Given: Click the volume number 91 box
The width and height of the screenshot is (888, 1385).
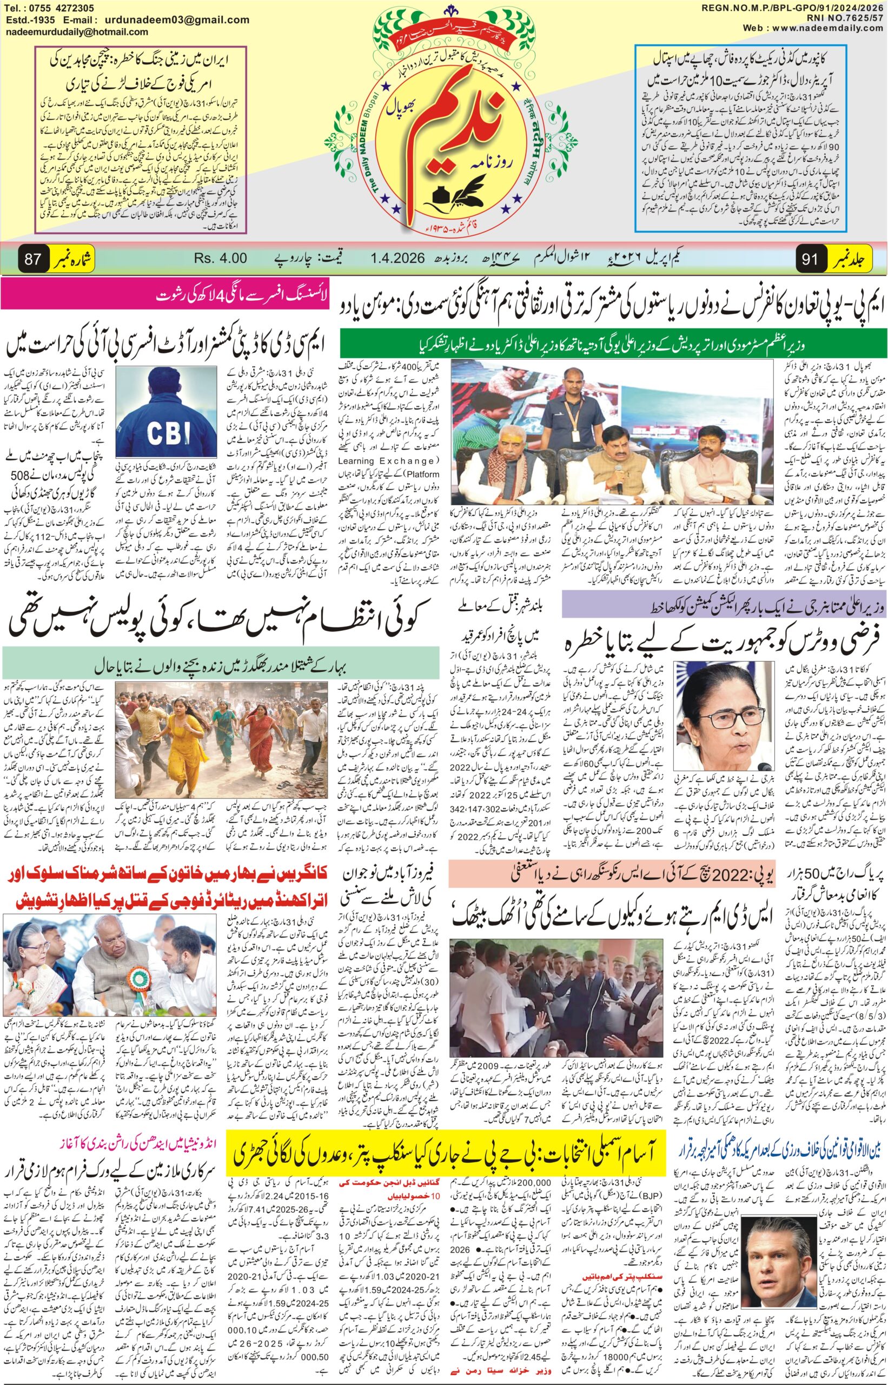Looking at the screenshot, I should click(809, 260).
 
